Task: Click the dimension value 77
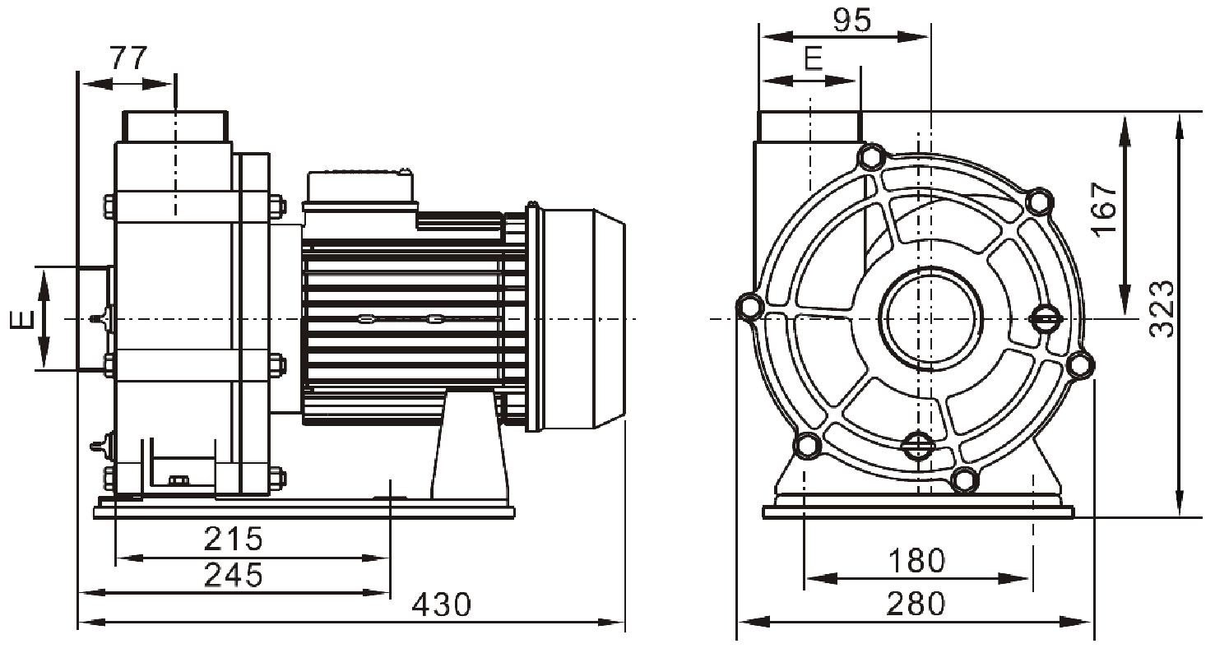128,58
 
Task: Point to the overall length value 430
442,604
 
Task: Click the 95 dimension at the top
851,21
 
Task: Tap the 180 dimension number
916,561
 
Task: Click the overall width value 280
916,604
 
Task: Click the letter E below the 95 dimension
812,59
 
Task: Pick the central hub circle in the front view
930,317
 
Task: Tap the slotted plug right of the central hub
1044,317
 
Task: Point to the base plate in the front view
918,511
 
